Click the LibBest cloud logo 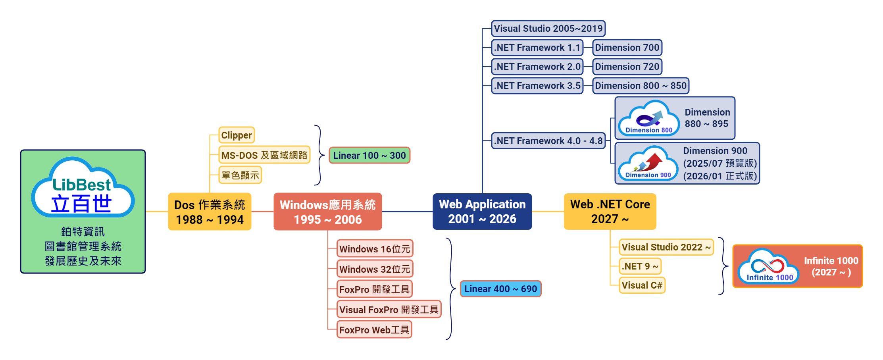pos(83,188)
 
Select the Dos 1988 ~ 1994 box pos(210,212)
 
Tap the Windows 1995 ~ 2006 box pos(327,212)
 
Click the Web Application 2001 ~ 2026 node pos(482,211)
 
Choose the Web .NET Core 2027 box pos(610,211)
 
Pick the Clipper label pos(237,135)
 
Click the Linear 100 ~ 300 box pos(369,155)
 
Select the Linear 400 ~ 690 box pos(500,289)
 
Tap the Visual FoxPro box pos(389,309)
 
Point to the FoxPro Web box pos(374,329)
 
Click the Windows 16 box pos(375,248)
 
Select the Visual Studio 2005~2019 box pos(548,29)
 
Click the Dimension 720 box pos(627,67)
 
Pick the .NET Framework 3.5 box pos(537,86)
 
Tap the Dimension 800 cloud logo pos(649,119)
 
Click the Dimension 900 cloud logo pos(648,164)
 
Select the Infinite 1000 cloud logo pos(768,266)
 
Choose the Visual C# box pos(642,285)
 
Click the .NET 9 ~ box pos(640,266)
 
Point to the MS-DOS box pos(264,155)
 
